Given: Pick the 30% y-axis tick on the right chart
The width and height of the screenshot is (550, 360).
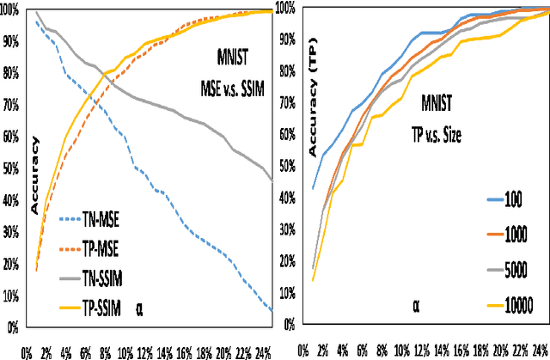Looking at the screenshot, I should coord(285,232).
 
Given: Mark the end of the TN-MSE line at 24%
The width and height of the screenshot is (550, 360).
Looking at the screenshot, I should coord(272,310).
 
